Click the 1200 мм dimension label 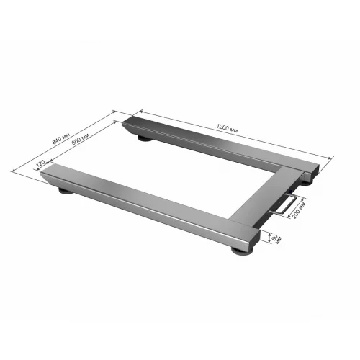pos(227,128)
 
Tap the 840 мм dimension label pos(61,138)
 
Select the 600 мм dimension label pos(81,139)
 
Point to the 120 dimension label pos(40,163)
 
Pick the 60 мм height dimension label pos(276,238)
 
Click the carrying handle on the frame pos(285,204)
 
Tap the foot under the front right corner pos(243,251)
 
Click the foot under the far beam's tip pos(145,138)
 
